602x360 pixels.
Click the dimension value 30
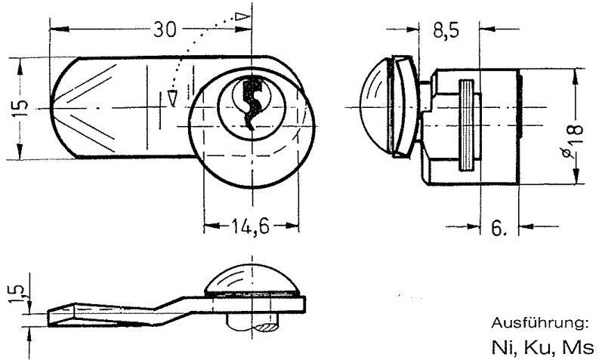coord(165,29)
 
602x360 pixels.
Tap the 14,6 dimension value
coord(250,226)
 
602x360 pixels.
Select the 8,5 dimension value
coord(446,30)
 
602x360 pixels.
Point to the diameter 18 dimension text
coord(573,141)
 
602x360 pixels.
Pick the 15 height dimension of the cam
coord(21,109)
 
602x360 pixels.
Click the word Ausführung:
coord(540,323)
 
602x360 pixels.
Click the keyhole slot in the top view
coord(252,103)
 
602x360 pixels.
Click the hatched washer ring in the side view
coord(467,125)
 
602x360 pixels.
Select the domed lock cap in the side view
coord(375,106)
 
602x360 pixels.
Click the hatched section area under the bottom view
coord(266,328)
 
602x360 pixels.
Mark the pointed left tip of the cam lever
coord(51,108)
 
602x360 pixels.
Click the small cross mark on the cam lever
coord(159,109)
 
